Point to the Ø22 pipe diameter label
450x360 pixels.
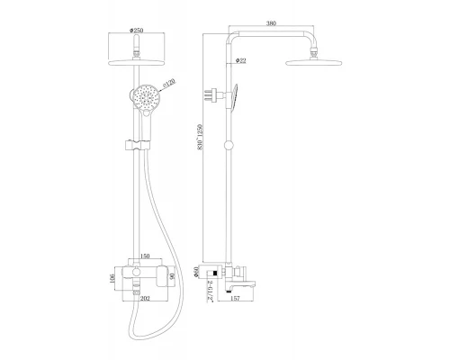point(240,60)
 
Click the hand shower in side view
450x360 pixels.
point(239,97)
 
